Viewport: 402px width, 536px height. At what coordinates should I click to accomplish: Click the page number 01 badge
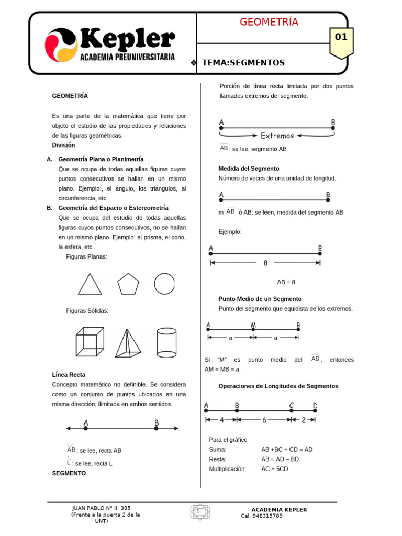click(341, 37)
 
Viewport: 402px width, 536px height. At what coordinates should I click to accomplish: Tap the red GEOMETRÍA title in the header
click(269, 22)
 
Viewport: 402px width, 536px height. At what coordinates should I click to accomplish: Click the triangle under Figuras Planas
click(90, 284)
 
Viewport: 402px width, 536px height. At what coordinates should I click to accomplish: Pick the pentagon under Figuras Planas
click(128, 284)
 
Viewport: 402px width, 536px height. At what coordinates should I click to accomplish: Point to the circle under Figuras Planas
click(164, 284)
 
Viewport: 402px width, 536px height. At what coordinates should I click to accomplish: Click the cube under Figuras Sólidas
click(90, 342)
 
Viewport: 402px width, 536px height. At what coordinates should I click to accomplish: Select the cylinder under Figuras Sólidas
click(166, 343)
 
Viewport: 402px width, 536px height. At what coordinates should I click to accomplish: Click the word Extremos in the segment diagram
click(277, 136)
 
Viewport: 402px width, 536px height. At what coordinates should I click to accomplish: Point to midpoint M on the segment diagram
click(253, 330)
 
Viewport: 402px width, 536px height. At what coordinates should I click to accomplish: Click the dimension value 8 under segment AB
click(265, 263)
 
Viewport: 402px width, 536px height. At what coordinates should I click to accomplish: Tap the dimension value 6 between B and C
click(264, 420)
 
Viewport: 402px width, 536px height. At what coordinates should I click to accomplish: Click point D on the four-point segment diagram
click(315, 411)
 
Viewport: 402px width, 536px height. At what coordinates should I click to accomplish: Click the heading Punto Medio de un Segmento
click(260, 299)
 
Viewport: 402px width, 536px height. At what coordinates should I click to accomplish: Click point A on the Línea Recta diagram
click(85, 428)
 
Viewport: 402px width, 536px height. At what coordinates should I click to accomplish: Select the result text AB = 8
click(286, 282)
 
